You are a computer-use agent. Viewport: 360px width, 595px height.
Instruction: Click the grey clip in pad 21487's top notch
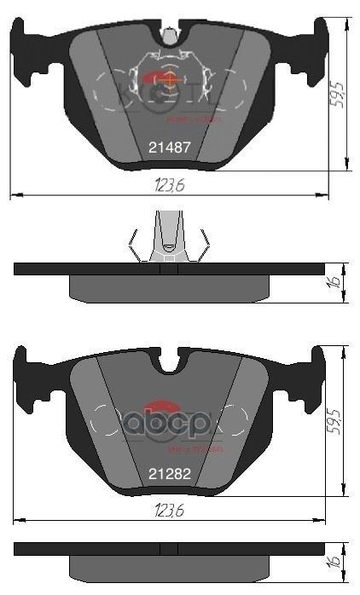tap(170, 35)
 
